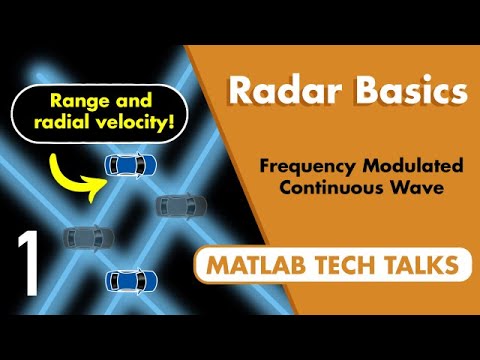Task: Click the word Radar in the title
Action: (x=269, y=91)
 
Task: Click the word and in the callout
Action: (x=128, y=102)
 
